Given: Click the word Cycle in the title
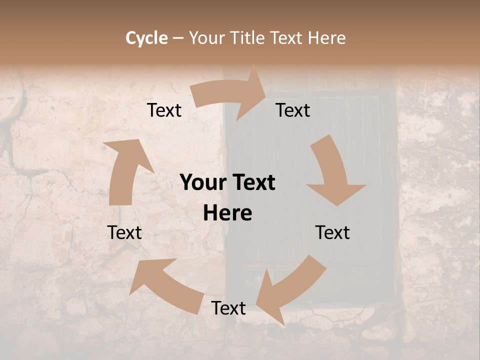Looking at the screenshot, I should point(146,38).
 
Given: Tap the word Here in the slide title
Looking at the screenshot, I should point(327,38).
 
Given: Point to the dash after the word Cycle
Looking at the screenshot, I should point(178,38).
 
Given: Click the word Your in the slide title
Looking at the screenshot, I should point(206,38).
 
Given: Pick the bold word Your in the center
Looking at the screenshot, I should point(202,183).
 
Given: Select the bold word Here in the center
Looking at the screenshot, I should point(227,213).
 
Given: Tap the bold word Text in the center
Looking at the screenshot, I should point(253,183).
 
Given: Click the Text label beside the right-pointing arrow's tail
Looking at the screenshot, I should point(164,110).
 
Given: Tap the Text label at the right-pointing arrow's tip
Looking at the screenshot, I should point(293,110).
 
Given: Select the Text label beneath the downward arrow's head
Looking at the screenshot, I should point(332,232).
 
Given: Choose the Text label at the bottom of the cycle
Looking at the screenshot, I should point(228,308).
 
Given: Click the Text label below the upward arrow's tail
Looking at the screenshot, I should point(124,232).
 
